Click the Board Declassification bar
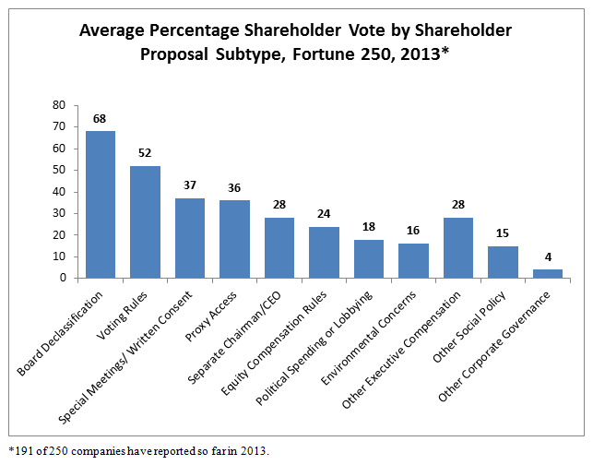101,204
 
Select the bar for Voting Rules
145,221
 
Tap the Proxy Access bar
234,239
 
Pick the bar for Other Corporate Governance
548,273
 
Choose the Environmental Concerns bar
413,260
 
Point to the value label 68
101,119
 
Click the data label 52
145,154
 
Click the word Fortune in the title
318,53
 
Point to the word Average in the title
113,30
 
